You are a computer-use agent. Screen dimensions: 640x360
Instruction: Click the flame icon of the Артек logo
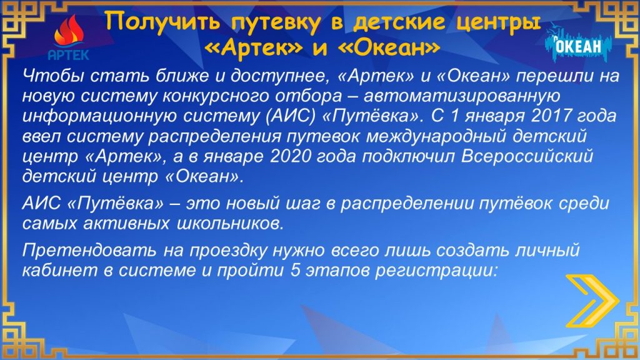[x=69, y=32]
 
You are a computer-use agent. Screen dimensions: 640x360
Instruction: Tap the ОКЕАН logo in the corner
[x=579, y=44]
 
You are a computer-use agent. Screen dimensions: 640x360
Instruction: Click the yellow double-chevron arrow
[x=592, y=301]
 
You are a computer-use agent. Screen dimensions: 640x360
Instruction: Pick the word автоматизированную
[x=462, y=97]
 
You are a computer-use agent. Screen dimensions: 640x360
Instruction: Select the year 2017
[x=551, y=116]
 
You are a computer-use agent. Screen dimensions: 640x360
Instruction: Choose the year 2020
[x=291, y=156]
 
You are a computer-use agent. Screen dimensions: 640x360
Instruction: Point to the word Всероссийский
[x=527, y=156]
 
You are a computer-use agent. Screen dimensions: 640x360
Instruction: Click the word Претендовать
[x=89, y=250]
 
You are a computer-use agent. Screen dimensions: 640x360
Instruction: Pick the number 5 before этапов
[x=296, y=271]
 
